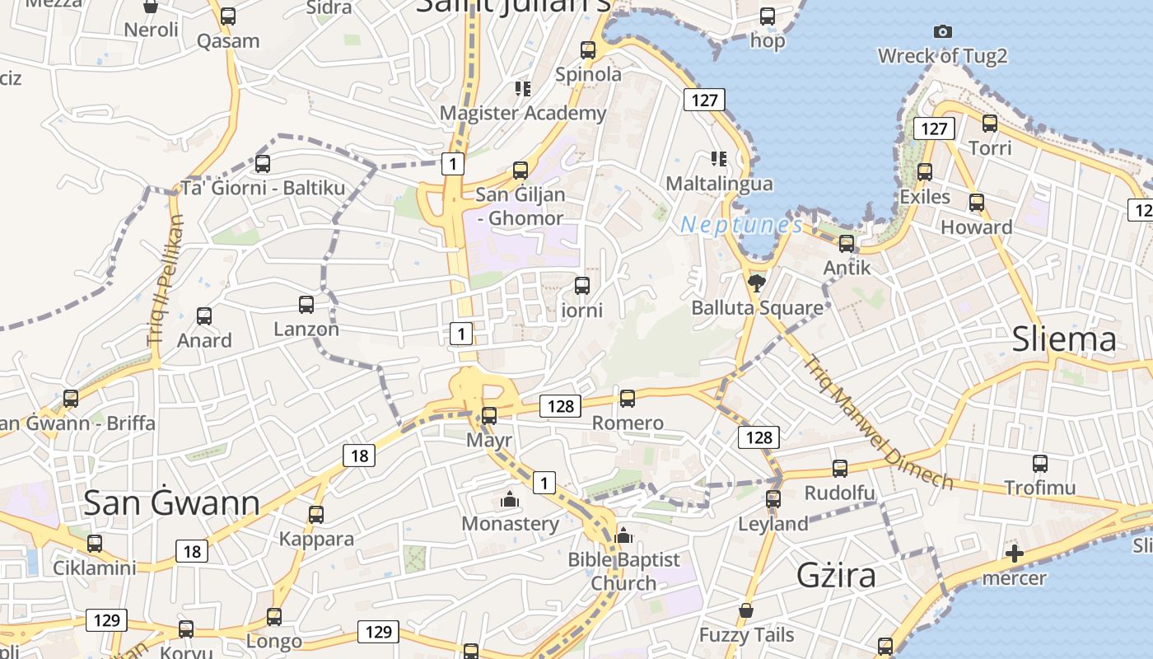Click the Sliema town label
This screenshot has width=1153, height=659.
pos(1064,339)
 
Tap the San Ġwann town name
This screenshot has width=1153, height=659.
pos(172,502)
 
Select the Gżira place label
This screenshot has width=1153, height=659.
pos(835,575)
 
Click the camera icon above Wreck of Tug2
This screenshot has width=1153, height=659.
pos(943,32)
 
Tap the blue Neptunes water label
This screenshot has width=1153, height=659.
pos(741,225)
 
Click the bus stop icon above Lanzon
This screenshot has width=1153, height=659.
pos(306,305)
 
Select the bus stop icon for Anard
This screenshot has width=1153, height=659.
pos(204,316)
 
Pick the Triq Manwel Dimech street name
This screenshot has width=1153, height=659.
pos(879,422)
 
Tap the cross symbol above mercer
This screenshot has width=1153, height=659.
pos(1015,554)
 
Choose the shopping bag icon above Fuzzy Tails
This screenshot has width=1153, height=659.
pos(746,610)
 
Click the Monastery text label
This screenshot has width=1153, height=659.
pos(510,524)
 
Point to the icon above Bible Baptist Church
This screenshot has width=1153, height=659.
pos(623,536)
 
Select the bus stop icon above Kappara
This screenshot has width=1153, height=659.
pos(316,516)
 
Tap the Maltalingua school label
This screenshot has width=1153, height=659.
pos(719,184)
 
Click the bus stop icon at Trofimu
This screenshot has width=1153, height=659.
pos(1040,464)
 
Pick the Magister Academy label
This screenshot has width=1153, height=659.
pos(523,113)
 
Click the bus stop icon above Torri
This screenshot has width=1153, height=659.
pos(990,124)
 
